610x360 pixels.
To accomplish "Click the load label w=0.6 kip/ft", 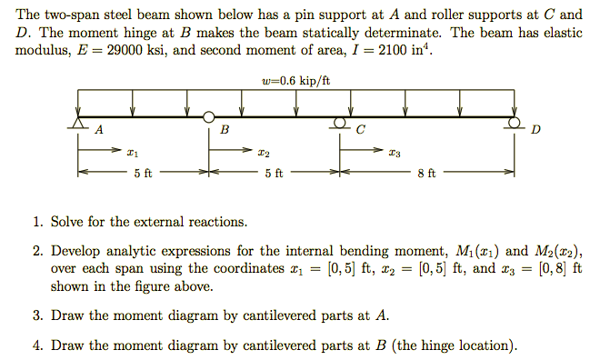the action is point(295,82).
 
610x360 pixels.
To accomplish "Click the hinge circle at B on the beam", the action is point(209,116).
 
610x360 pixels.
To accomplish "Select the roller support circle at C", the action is point(340,122).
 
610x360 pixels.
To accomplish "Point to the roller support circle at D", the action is point(515,122).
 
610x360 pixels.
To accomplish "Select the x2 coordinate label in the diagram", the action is point(264,153).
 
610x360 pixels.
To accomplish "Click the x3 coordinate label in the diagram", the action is point(395,153).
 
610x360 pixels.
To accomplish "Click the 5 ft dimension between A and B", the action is point(143,172).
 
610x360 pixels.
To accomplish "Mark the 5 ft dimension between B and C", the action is point(274,172).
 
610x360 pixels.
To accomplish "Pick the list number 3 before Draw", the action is point(36,316).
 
